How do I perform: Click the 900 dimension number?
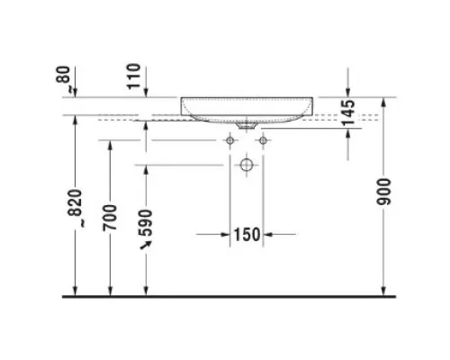pos(383,192)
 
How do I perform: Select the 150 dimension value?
pos(247,235)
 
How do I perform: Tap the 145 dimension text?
pos(348,112)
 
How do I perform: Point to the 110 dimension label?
pos(133,76)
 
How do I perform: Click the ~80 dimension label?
pos(63,78)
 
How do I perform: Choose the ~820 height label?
pos(75,208)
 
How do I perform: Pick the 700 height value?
pos(110,218)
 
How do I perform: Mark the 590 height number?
pos(147,223)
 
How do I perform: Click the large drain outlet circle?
pos(247,165)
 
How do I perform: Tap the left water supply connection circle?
pos(230,140)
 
